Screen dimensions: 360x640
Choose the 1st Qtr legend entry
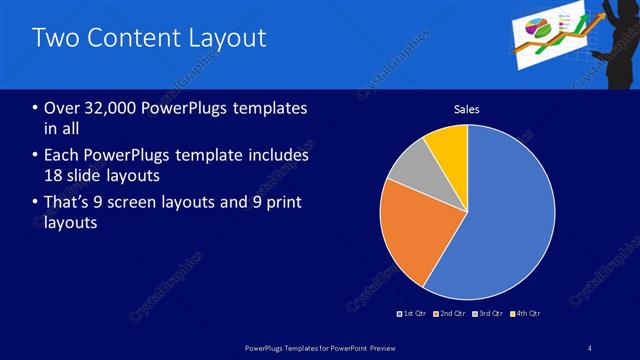414,313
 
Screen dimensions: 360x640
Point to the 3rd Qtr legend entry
489,313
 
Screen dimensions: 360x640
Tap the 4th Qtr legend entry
526,313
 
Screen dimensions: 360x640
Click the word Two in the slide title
53,38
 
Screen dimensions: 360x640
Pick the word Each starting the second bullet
63,155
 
